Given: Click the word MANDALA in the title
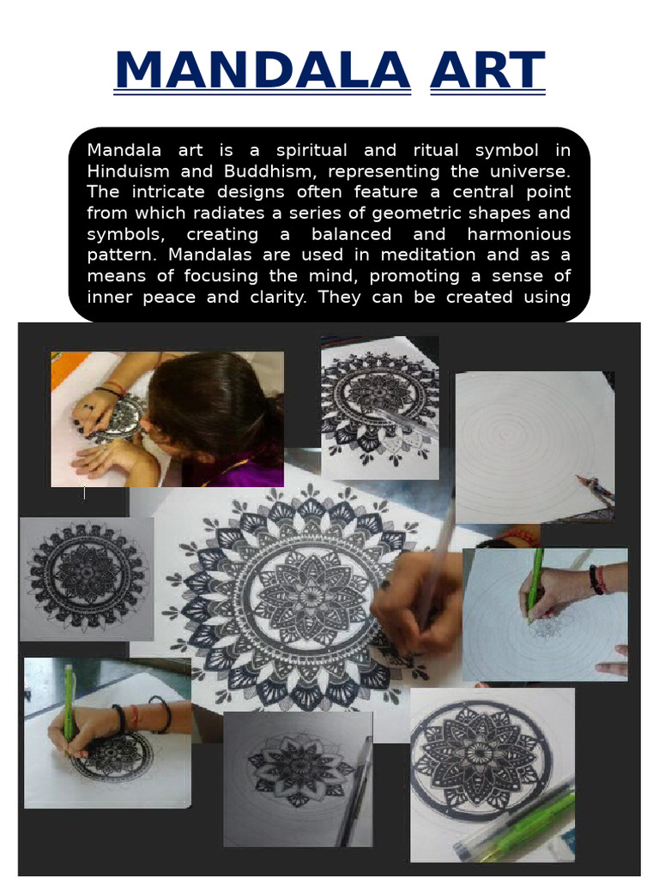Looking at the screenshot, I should point(263,70).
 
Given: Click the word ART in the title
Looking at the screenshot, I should point(487,70).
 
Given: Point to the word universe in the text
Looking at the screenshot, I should point(531,171).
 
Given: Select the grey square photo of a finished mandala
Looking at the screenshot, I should point(87,578).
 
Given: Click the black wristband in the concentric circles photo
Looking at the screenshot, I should point(595,580).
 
